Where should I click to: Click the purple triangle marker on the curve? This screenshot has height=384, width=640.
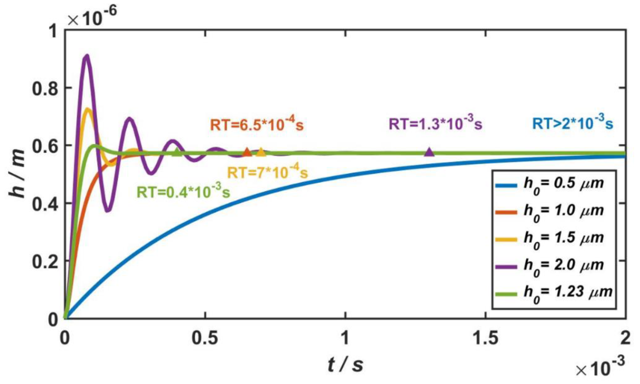[x=429, y=152]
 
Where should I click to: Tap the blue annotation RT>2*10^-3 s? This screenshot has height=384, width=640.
[x=572, y=123]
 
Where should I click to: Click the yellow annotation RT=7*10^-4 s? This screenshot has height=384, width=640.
[x=267, y=172]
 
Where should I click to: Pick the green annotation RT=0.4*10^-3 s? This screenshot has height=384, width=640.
[x=183, y=192]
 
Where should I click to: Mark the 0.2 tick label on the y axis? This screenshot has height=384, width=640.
[x=45, y=261]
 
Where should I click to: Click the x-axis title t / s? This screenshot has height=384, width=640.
[x=345, y=365]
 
